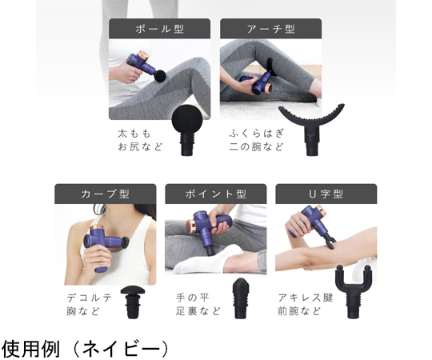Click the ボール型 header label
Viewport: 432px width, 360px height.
159,29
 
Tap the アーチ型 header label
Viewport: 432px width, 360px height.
271,29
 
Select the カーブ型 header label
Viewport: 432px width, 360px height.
106,194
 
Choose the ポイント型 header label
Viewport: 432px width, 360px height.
216,194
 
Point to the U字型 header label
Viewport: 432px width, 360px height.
326,194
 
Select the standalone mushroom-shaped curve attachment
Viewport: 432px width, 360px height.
134,302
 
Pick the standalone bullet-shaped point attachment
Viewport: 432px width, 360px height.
241,298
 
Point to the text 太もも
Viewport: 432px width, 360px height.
134,134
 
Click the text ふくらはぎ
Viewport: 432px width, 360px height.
256,134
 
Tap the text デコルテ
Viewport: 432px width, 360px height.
90,298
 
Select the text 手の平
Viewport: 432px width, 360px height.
193,298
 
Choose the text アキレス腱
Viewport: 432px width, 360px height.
306,298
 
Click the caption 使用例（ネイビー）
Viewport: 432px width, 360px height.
85,349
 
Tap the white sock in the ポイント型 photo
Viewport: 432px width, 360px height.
210,259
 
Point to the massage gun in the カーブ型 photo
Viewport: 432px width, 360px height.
105,245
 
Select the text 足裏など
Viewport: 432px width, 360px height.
198,311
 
